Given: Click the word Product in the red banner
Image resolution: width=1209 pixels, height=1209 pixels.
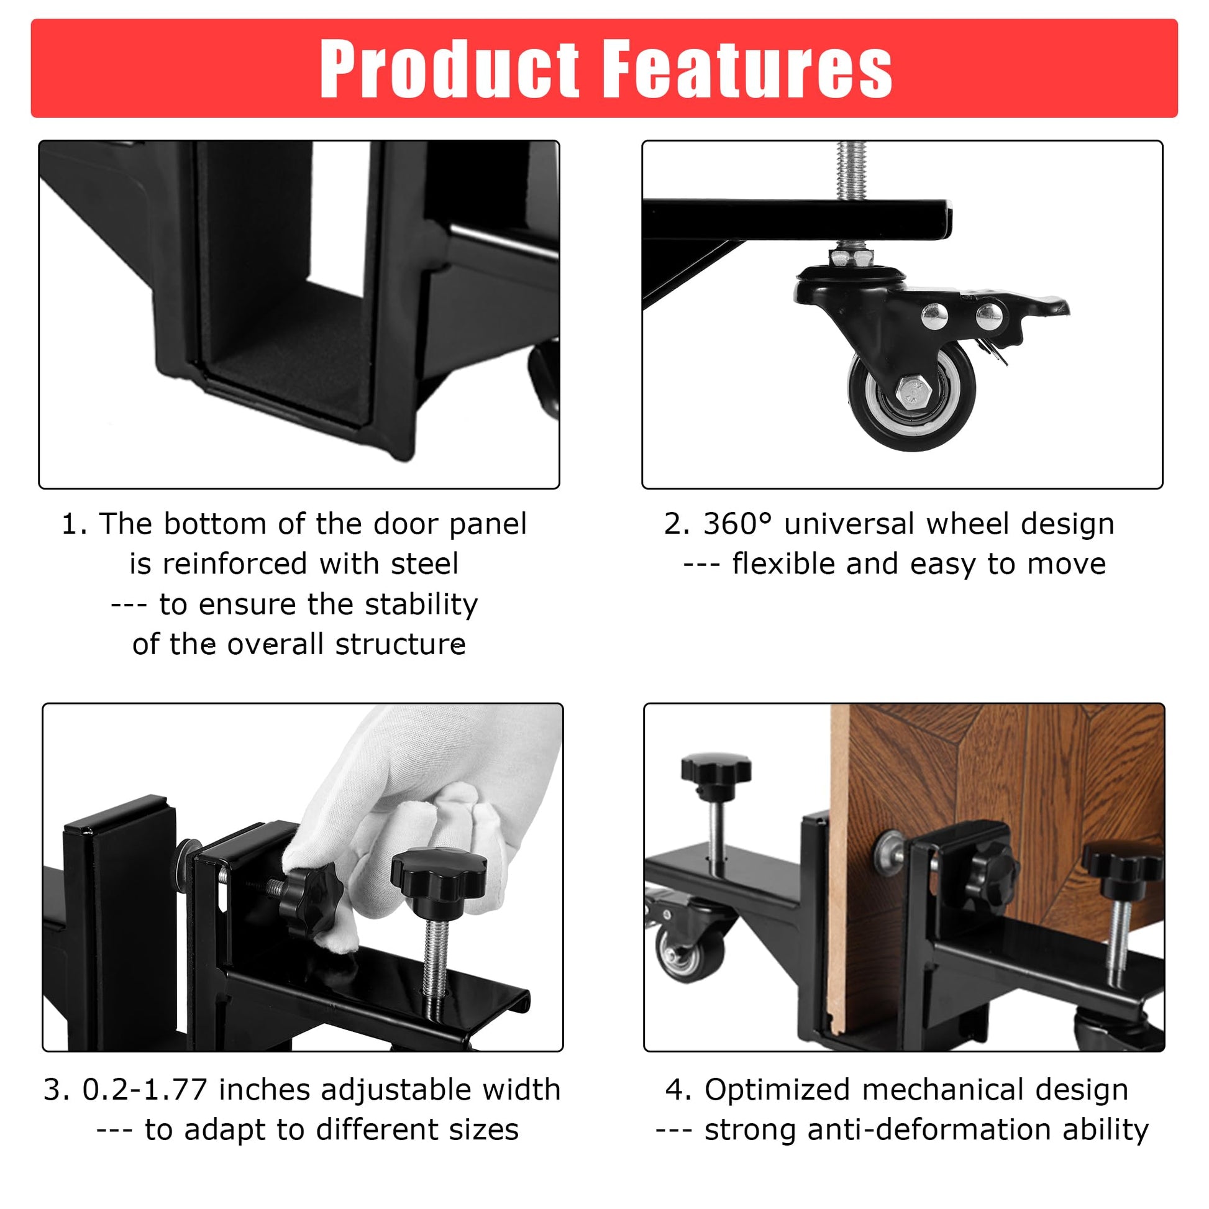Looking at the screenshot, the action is coord(449,68).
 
